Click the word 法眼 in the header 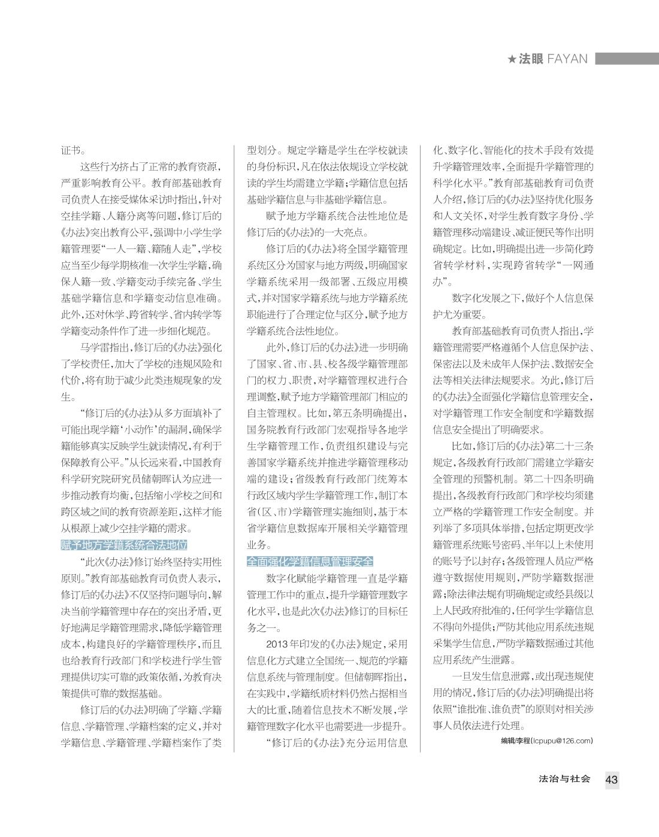tap(531, 59)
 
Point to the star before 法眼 tap(512, 59)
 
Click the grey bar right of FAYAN tap(626, 58)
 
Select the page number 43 tap(611, 780)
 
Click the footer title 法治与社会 tap(564, 779)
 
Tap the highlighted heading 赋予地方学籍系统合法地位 tap(124, 545)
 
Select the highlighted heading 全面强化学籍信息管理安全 tap(310, 562)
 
